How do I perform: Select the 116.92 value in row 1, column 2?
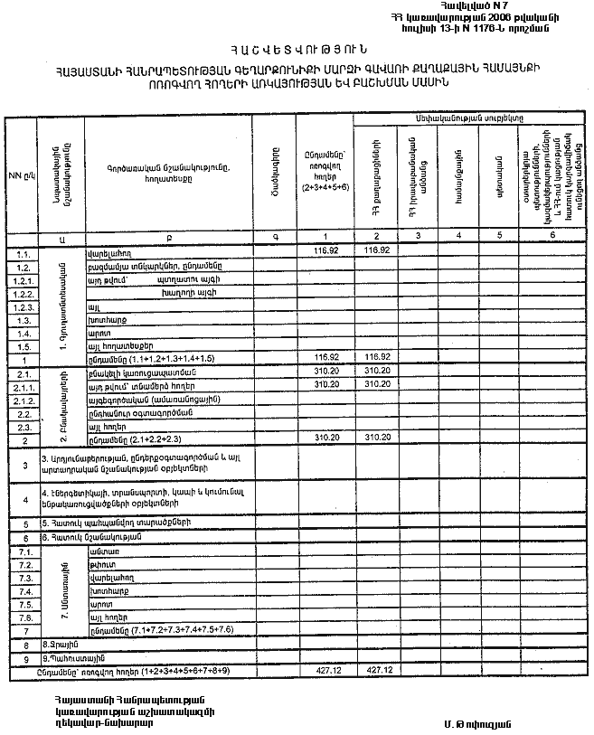click(x=375, y=358)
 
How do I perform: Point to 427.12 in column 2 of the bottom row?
click(x=375, y=671)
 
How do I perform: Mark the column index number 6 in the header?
click(x=552, y=236)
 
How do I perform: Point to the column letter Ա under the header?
click(x=61, y=237)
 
